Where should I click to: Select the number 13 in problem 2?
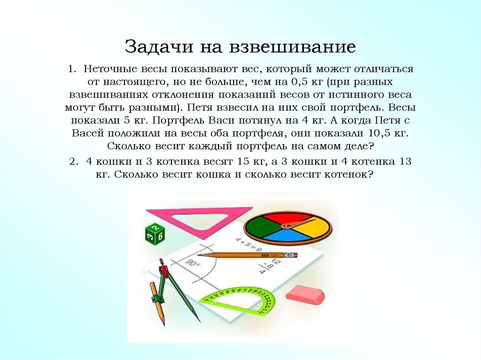404,162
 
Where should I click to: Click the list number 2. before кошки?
73,162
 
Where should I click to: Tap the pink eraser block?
305,295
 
